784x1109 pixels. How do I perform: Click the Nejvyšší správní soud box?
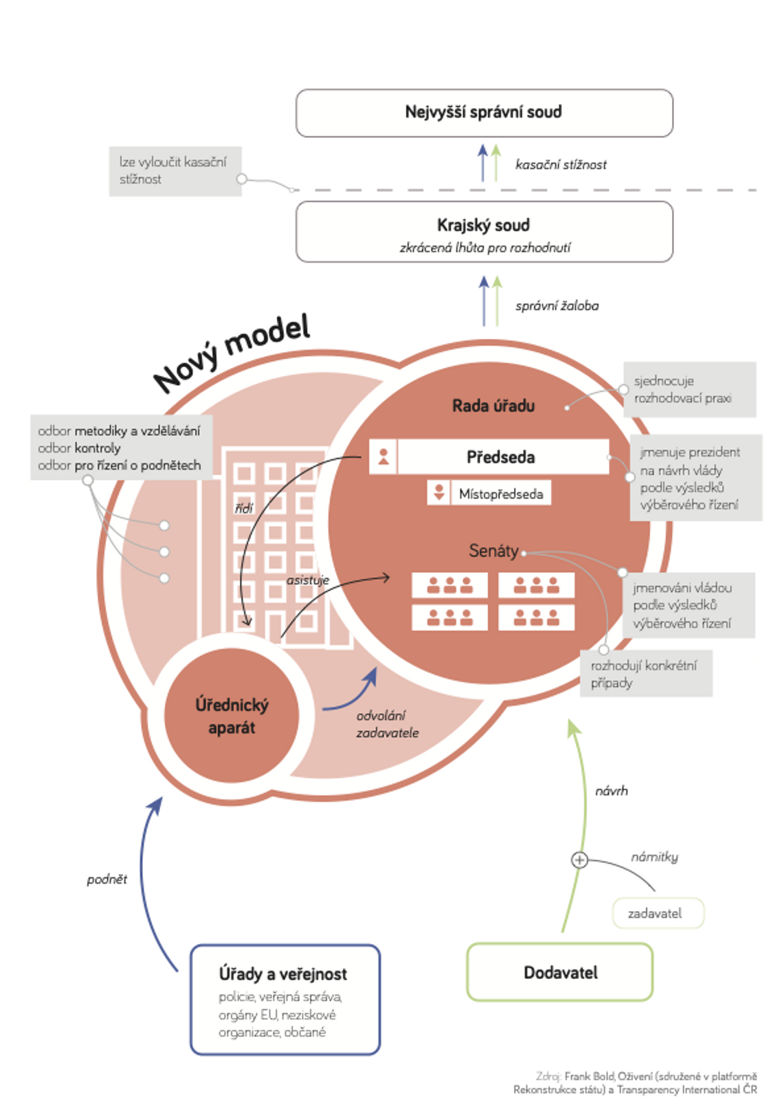tap(484, 113)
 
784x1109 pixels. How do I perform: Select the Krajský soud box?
tap(484, 232)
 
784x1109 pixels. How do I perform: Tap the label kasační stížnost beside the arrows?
tap(561, 165)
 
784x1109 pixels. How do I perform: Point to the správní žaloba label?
tap(557, 306)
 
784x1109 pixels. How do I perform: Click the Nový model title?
tap(232, 353)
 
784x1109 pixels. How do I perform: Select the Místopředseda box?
tap(500, 494)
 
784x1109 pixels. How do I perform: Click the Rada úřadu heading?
tap(493, 406)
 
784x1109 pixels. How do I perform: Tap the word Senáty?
tap(493, 551)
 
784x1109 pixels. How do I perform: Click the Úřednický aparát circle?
tap(232, 716)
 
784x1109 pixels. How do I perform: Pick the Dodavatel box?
tap(559, 972)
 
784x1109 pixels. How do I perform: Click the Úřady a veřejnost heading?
tap(282, 974)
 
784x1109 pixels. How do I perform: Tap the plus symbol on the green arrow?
tap(579, 859)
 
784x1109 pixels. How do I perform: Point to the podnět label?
tap(107, 879)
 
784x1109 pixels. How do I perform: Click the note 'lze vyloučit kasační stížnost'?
tap(175, 171)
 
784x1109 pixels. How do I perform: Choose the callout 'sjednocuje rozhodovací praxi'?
tap(688, 389)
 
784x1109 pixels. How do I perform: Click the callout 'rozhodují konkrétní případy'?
tap(645, 674)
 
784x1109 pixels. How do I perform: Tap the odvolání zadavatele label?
tap(387, 724)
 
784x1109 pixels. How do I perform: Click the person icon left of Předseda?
tap(383, 457)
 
